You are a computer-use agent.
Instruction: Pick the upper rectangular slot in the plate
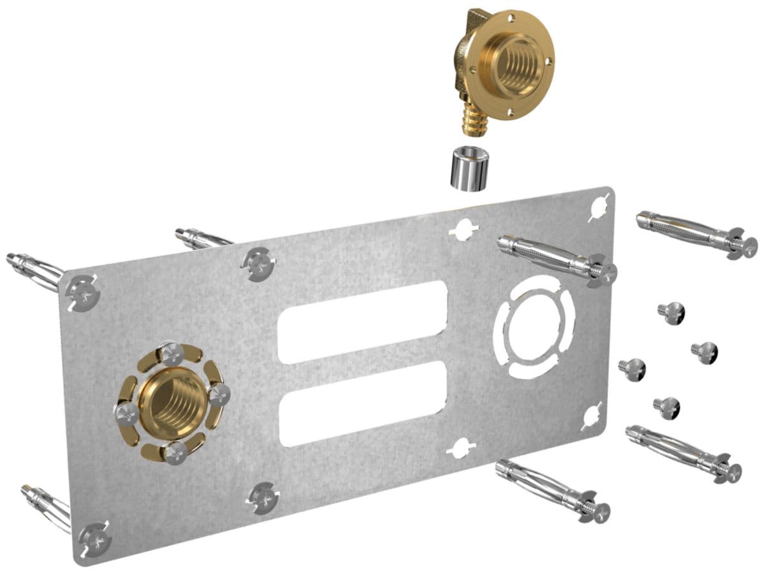[362, 321]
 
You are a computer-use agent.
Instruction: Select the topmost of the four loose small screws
[672, 312]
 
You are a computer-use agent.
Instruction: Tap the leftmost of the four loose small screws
[632, 369]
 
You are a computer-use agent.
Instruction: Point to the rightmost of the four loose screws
[705, 352]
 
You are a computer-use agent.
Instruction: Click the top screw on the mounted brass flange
[173, 353]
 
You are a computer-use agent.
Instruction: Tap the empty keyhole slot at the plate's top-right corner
[599, 208]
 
